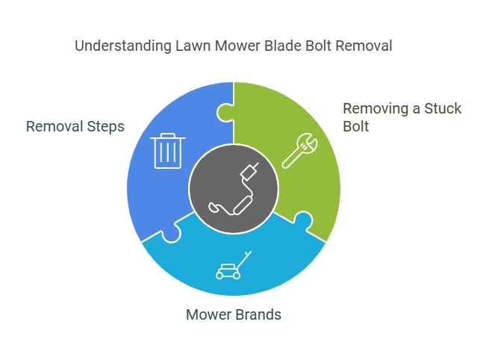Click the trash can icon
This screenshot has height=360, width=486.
click(166, 151)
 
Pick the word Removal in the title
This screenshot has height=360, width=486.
click(364, 46)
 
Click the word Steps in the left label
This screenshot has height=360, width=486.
click(104, 126)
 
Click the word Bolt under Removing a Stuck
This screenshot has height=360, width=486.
click(356, 127)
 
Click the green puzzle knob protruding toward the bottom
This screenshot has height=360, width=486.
click(302, 220)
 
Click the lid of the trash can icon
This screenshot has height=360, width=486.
click(166, 137)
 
